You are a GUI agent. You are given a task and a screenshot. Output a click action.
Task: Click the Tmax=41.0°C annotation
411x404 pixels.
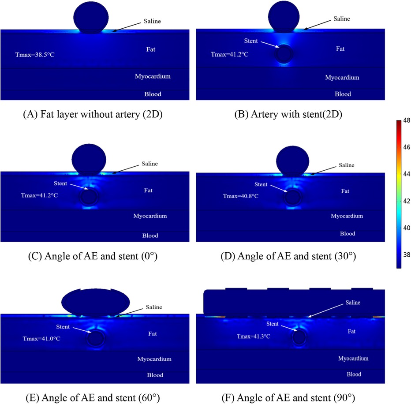(x=38, y=339)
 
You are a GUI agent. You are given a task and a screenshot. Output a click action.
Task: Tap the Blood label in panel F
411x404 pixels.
(x=340, y=374)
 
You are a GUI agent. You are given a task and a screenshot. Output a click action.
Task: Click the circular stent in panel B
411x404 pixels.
(x=283, y=55)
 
